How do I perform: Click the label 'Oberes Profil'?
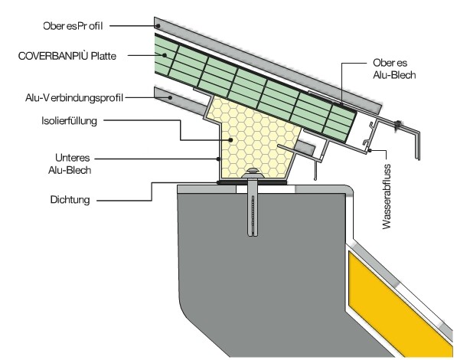point(73,26)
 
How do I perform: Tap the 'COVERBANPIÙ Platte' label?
point(67,56)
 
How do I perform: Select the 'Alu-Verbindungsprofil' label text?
point(74,98)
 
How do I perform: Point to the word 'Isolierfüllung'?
point(69,121)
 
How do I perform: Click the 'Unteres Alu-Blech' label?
point(70,164)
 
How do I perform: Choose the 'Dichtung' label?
point(70,200)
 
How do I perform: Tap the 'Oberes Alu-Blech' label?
point(394,69)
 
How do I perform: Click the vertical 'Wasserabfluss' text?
point(387,197)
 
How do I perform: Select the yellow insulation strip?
point(400,303)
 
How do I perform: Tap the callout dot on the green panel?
point(165,55)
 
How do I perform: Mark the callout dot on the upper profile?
point(158,26)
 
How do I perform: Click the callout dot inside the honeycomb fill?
point(230,139)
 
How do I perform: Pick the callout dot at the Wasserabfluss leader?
point(369,151)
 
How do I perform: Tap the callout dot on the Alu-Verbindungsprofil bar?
point(170,97)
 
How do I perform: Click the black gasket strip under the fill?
point(252,182)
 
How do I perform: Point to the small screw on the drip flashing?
point(397,125)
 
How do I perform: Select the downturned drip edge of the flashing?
point(417,145)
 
